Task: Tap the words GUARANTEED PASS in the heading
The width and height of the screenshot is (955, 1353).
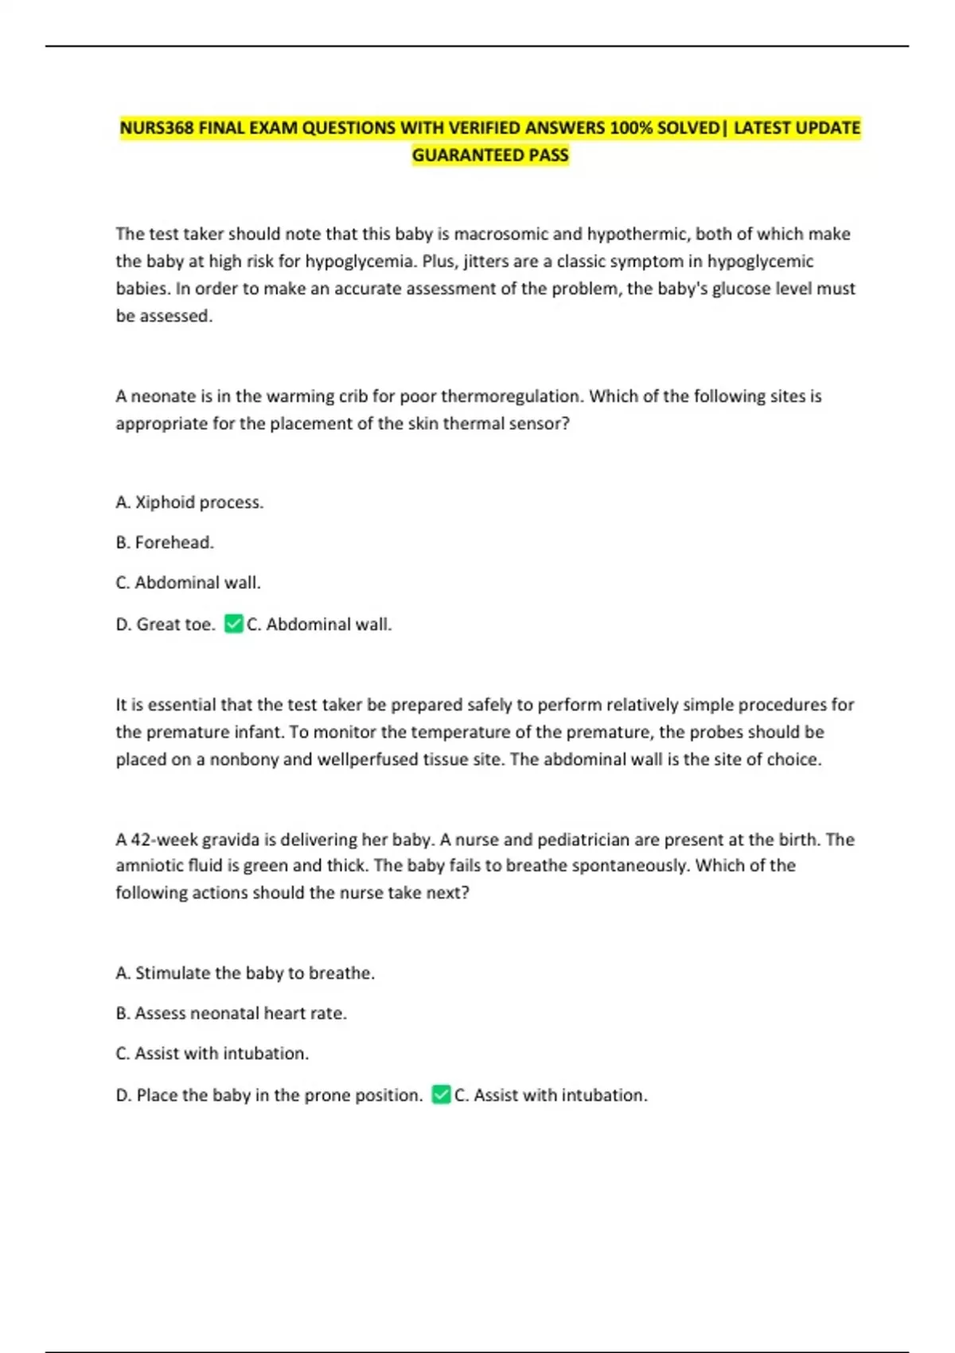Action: (490, 155)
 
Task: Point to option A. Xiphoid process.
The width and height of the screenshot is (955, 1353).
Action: (189, 502)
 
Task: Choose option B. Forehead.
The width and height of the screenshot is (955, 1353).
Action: (165, 543)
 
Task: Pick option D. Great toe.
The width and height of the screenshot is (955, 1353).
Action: (166, 625)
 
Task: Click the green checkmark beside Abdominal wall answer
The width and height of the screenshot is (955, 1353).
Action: (233, 624)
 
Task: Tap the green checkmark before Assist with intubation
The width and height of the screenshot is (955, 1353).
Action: (441, 1095)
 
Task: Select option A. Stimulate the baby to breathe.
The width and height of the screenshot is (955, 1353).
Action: (245, 973)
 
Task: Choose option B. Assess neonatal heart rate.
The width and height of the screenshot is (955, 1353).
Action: (232, 1013)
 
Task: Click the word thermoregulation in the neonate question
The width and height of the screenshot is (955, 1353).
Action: (510, 396)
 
